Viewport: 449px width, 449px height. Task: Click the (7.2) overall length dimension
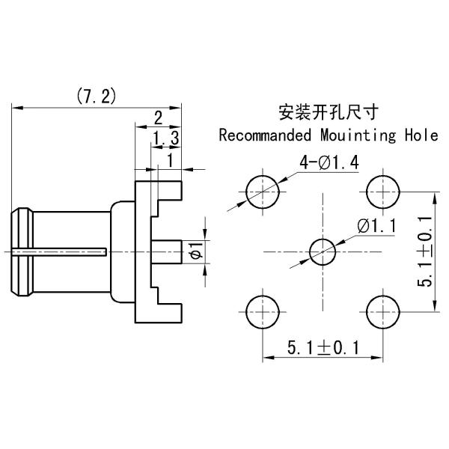[x=96, y=96]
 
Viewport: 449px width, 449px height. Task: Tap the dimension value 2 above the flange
[x=158, y=117]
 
